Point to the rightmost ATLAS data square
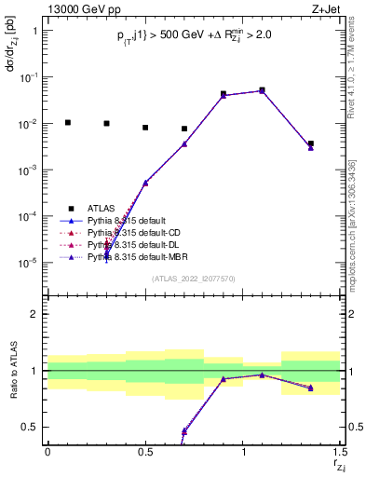(x=311, y=143)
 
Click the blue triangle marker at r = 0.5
(x=145, y=183)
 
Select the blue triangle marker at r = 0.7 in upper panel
(x=184, y=143)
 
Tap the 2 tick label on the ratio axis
(x=34, y=314)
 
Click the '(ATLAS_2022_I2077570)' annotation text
(x=193, y=279)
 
